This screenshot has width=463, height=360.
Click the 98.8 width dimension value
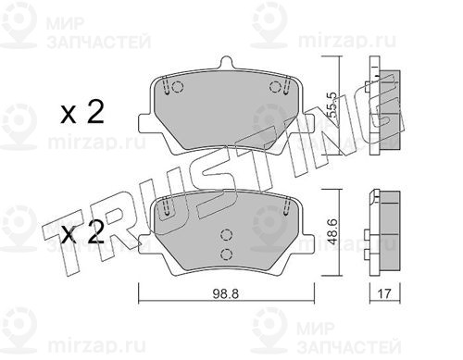click(x=226, y=294)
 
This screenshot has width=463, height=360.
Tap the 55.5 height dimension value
click(x=332, y=106)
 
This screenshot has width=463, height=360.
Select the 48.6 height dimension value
click(x=332, y=232)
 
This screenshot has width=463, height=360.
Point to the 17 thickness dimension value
click(x=384, y=293)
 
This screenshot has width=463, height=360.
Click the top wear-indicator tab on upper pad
click(x=226, y=62)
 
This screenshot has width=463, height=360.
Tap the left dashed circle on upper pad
click(x=177, y=87)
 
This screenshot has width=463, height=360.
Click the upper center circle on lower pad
click(x=226, y=235)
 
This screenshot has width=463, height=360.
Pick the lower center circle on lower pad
click(x=226, y=254)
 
